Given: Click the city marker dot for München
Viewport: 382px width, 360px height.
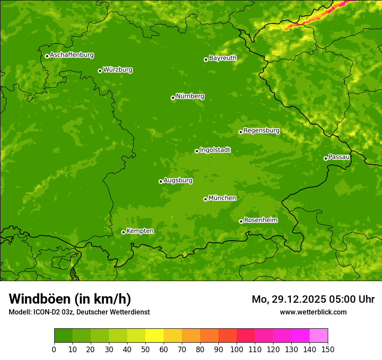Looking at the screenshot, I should tap(205, 199).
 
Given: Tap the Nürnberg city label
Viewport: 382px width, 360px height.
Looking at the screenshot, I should tap(190, 96).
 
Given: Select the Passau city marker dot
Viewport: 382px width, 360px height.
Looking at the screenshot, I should tap(326, 158).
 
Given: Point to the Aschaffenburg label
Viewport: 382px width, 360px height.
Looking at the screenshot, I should tap(72, 55).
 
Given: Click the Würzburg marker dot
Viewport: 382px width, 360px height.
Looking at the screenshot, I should tap(100, 71).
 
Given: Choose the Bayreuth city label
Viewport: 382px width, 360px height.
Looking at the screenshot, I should tap(223, 58).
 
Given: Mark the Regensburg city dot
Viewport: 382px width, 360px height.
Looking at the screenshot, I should tap(240, 132).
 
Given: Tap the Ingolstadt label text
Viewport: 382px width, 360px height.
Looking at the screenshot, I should tap(215, 150).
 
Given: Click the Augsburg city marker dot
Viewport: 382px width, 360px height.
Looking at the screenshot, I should tap(161, 181).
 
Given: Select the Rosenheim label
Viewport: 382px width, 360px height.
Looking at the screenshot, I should tap(260, 220).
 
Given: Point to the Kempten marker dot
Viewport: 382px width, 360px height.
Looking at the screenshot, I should tap(123, 232).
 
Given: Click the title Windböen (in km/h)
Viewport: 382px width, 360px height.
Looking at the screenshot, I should tap(70, 299).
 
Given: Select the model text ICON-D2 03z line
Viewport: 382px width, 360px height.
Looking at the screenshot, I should tap(79, 312).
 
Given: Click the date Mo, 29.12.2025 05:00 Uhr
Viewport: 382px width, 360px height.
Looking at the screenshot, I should tap(313, 299).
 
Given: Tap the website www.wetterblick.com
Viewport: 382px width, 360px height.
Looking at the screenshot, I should tap(313, 312).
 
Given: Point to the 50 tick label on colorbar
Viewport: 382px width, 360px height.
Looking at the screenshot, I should tap(145, 349).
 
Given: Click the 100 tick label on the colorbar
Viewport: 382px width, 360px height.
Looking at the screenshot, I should tap(237, 349).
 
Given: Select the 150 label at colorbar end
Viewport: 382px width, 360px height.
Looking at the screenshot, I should tap(328, 349).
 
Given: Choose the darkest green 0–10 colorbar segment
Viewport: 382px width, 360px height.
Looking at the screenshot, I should tap(63, 336).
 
